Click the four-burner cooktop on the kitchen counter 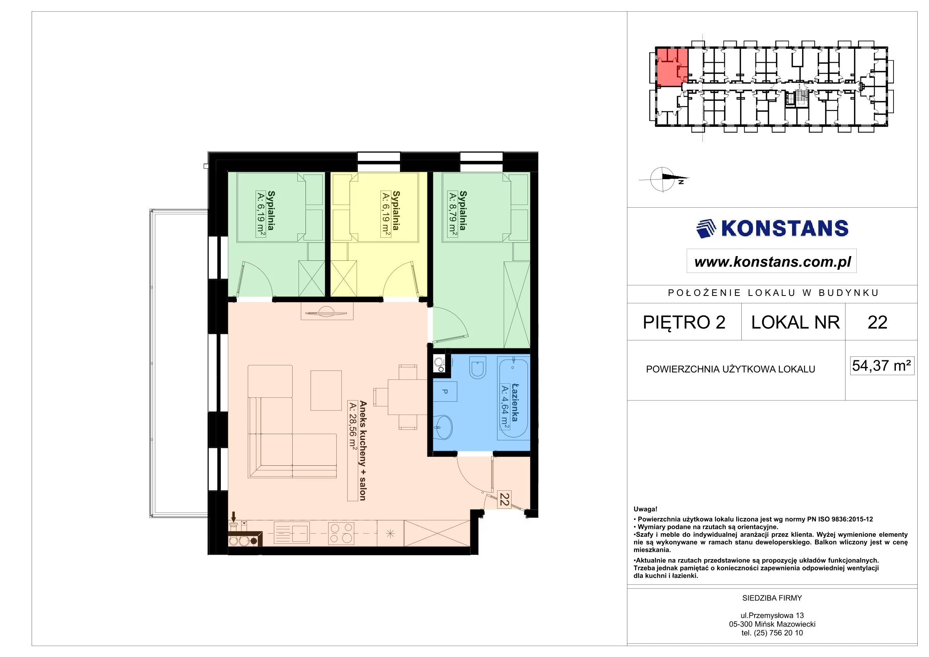pyautogui.click(x=341, y=533)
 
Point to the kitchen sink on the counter pyautogui.click(x=291, y=533)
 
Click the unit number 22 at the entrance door pyautogui.click(x=504, y=499)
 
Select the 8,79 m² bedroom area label pyautogui.click(x=453, y=212)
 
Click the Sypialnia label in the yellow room pyautogui.click(x=396, y=210)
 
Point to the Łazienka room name pyautogui.click(x=515, y=402)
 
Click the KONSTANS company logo pyautogui.click(x=772, y=228)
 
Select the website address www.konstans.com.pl pyautogui.click(x=773, y=262)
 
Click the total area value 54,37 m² pyautogui.click(x=882, y=365)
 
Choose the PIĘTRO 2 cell pyautogui.click(x=684, y=322)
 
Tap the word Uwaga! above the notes pyautogui.click(x=645, y=509)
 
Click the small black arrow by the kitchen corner pyautogui.click(x=233, y=517)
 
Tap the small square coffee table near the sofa pyautogui.click(x=326, y=390)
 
